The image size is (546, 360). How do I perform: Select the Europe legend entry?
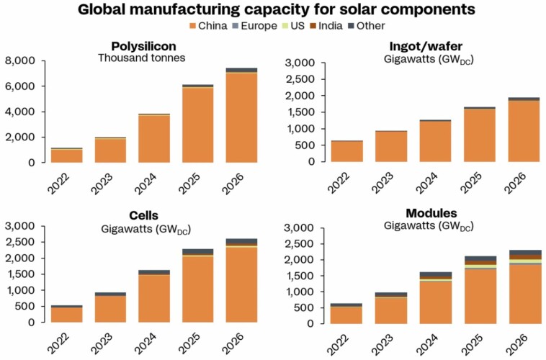tap(261, 26)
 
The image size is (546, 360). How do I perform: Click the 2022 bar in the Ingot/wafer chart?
tap(346, 151)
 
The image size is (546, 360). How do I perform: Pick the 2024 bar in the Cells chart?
tap(153, 297)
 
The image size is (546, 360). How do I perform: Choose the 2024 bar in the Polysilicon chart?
tap(153, 138)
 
